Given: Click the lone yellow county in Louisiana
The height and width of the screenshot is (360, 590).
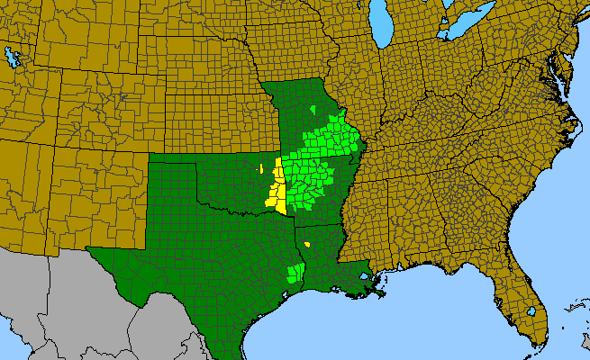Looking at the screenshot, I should tap(307, 243).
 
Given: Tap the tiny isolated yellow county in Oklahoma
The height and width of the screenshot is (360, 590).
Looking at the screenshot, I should tap(260, 167).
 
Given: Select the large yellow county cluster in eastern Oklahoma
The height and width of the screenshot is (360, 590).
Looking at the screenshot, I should tap(277, 190).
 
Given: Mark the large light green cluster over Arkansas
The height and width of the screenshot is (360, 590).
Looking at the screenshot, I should tap(315, 166).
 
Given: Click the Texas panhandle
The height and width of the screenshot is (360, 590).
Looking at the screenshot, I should tap(171, 189).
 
